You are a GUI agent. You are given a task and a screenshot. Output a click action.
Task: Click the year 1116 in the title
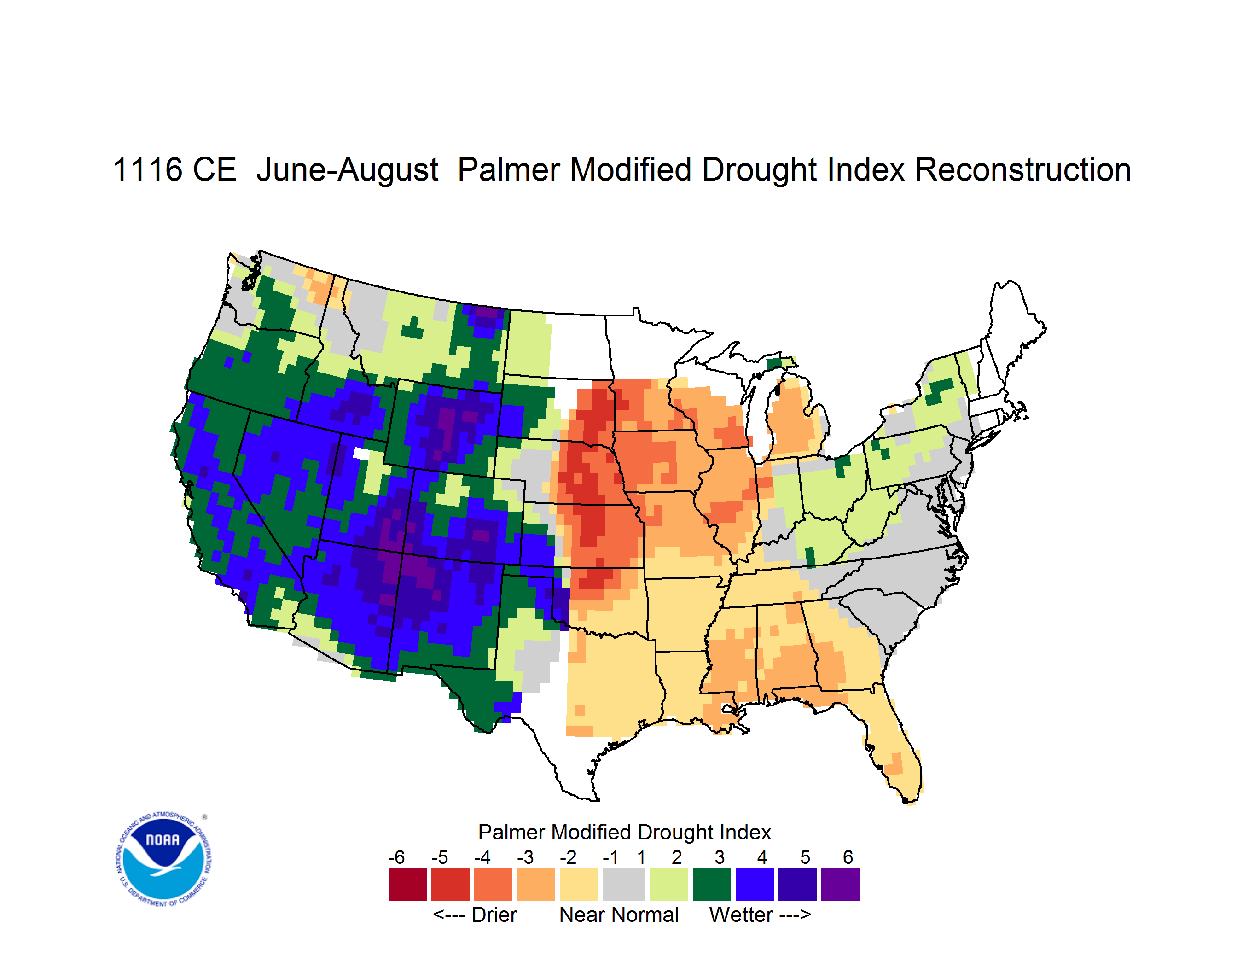click(x=148, y=169)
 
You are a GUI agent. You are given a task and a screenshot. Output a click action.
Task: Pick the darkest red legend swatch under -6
click(x=407, y=885)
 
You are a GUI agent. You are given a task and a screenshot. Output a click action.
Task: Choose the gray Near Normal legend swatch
click(x=624, y=885)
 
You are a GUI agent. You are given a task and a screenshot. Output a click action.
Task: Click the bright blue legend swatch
click(x=755, y=885)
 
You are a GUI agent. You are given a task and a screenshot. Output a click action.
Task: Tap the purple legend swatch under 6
click(x=840, y=885)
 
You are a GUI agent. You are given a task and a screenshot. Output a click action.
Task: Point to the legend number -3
click(x=525, y=857)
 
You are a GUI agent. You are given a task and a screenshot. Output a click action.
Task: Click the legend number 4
click(x=762, y=857)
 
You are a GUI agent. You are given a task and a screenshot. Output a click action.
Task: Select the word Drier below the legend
click(x=494, y=915)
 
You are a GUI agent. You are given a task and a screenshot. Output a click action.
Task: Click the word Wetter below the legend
click(x=741, y=915)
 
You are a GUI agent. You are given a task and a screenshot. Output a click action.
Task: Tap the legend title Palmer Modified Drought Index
click(x=624, y=832)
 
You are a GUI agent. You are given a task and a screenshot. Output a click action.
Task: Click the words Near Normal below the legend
click(x=619, y=915)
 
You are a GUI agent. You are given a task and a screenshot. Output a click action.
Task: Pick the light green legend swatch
click(x=669, y=885)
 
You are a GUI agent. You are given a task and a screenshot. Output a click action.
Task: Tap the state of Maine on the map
click(x=1013, y=336)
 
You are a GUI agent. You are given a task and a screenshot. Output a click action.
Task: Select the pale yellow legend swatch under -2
click(x=579, y=885)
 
